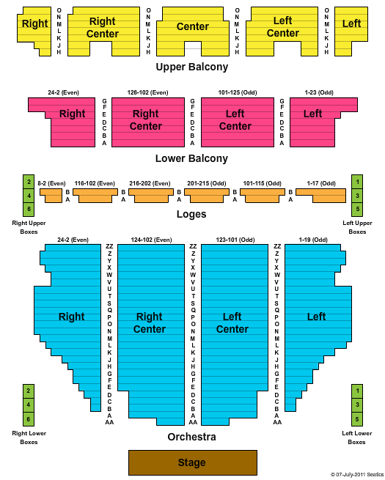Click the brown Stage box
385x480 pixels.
coord(193,462)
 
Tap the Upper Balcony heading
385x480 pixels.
coord(192,67)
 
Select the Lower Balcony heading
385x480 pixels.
coord(191,158)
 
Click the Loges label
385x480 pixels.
coord(191,214)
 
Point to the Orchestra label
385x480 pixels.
coord(191,437)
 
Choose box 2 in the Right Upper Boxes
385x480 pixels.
coord(29,182)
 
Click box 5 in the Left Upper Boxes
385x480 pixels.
coord(357,210)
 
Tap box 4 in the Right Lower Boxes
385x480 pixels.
coord(29,405)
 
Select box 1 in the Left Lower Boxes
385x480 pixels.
coord(357,391)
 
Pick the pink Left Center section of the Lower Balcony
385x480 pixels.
coord(238,122)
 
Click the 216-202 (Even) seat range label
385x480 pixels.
coord(150,183)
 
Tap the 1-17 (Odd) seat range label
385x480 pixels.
coord(321,183)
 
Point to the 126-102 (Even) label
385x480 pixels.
coord(147,92)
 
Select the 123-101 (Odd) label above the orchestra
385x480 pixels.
coord(235,240)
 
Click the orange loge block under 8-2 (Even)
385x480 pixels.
coord(52,196)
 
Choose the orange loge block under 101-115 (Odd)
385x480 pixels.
coord(263,196)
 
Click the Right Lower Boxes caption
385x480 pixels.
coord(29,437)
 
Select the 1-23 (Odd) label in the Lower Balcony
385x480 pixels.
coord(319,92)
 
